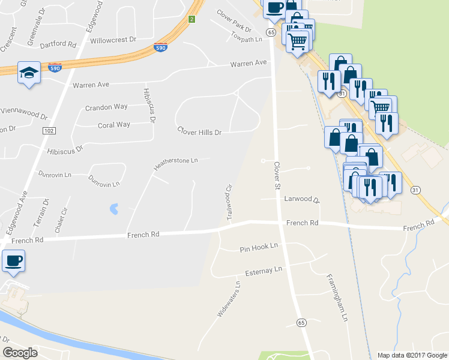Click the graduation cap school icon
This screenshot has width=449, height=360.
click(x=29, y=73)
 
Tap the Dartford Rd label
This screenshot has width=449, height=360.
click(x=58, y=45)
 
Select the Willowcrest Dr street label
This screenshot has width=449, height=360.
click(x=113, y=41)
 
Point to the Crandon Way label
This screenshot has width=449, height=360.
click(x=106, y=107)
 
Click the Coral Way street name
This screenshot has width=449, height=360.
click(x=114, y=125)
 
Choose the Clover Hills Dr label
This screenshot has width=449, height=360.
click(x=199, y=131)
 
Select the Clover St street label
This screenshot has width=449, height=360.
click(x=277, y=175)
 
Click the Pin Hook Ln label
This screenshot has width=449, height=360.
click(x=259, y=247)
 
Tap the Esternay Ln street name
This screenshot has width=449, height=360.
click(x=263, y=270)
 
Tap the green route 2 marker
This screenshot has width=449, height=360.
click(x=191, y=19)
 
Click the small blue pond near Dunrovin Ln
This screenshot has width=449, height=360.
click(x=112, y=209)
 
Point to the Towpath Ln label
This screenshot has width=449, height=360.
click(x=247, y=39)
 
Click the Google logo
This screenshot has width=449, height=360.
click(x=20, y=353)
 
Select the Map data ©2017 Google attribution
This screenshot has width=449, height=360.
click(x=411, y=355)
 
